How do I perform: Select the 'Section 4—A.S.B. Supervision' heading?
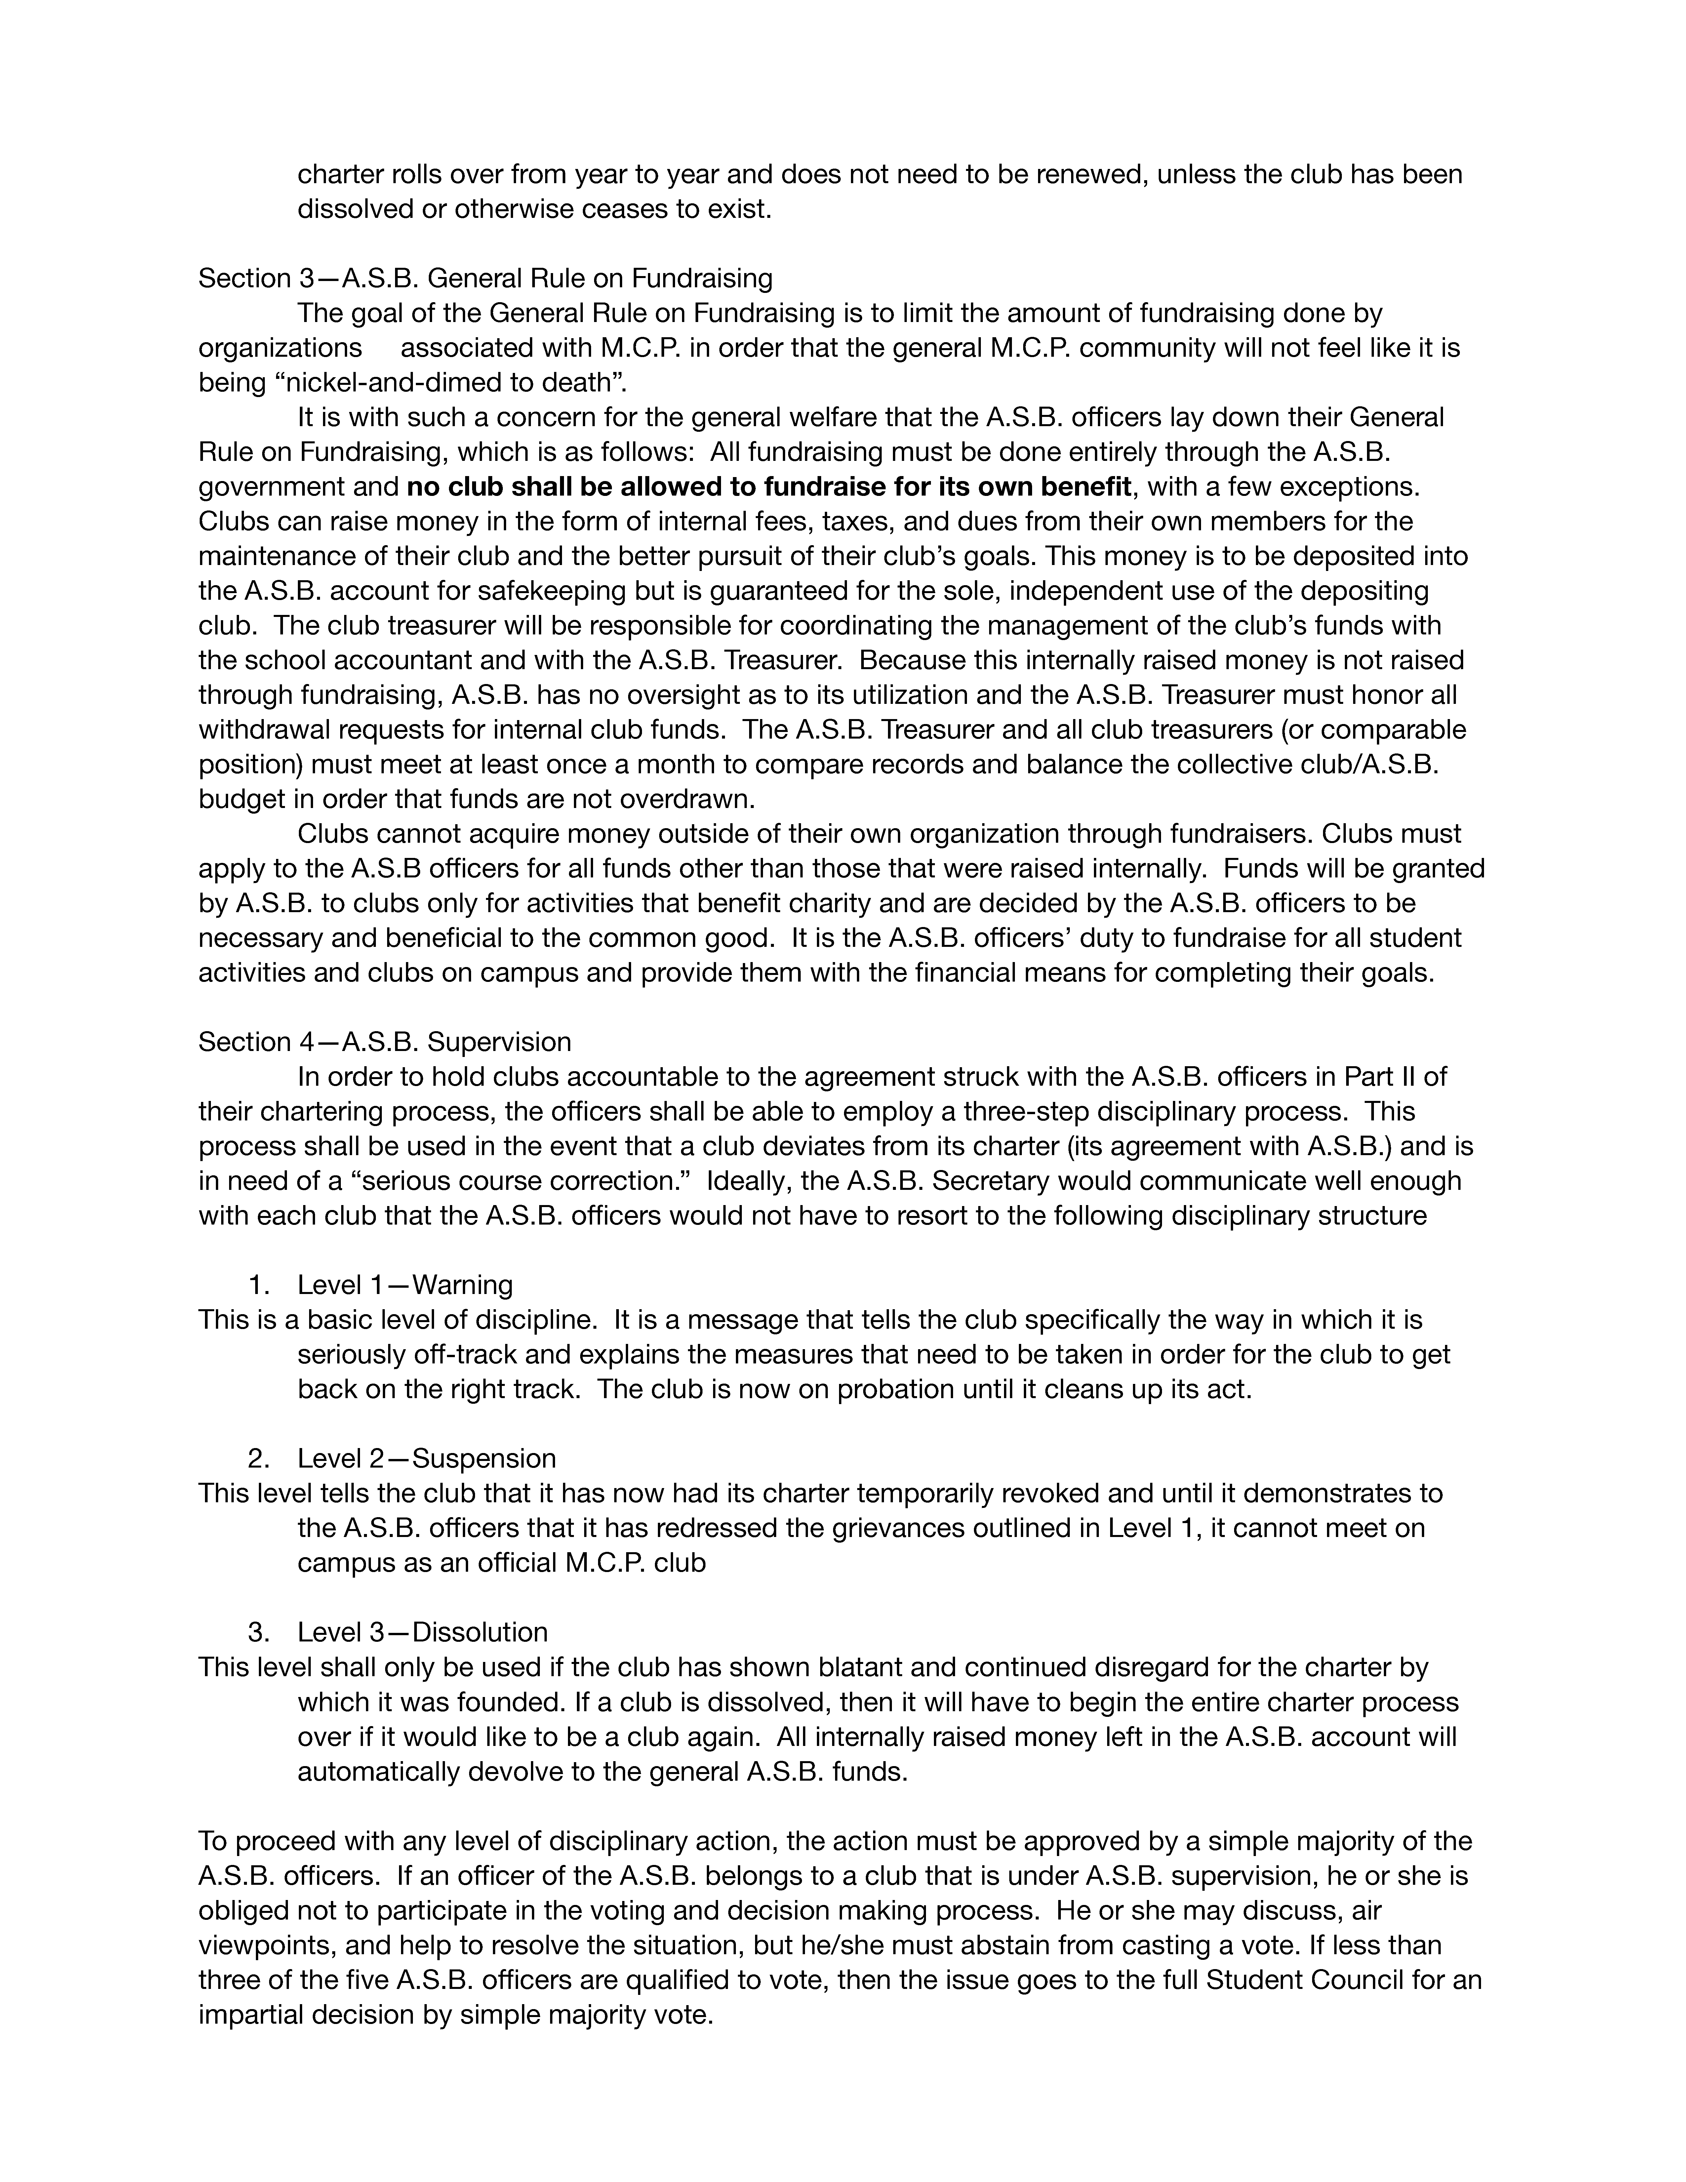384,1042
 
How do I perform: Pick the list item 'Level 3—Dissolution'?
422,1633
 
